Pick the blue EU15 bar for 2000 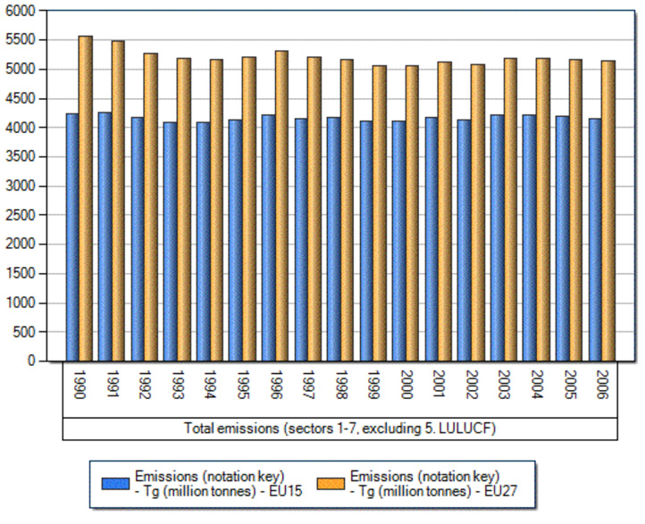[398, 241]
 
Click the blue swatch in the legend [115, 482]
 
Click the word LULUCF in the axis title [465, 429]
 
